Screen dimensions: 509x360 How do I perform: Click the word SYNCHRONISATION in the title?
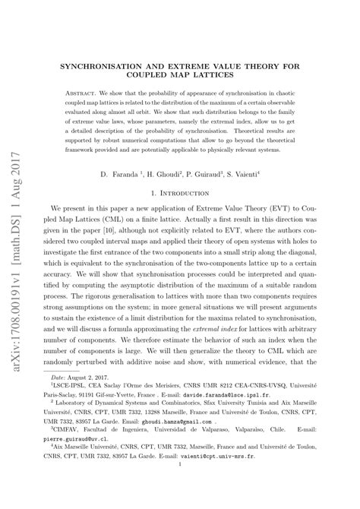107,66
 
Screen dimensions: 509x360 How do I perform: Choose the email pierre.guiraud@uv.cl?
83,459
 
